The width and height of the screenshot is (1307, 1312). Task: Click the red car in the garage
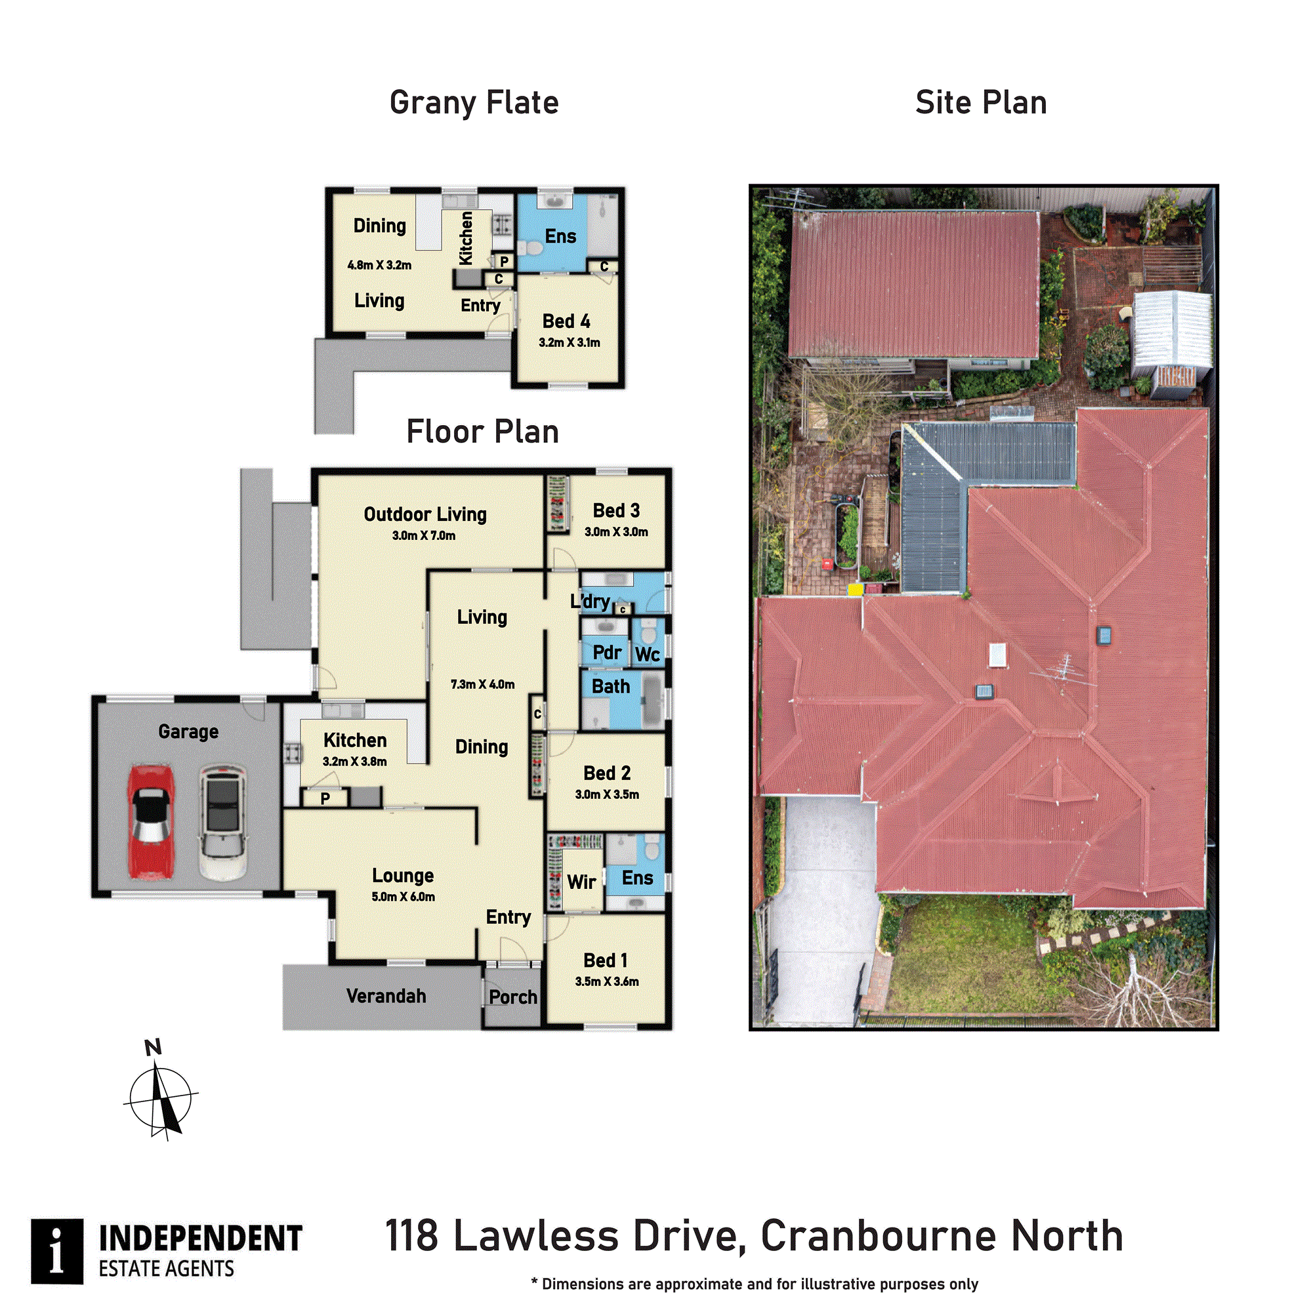[152, 823]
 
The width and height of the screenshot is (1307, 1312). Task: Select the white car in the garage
[222, 823]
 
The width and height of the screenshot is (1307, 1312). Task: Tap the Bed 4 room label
[566, 321]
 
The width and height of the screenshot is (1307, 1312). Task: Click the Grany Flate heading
[474, 103]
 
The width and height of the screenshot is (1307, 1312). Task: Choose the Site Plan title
[981, 102]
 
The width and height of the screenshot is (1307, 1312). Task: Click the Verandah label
[386, 996]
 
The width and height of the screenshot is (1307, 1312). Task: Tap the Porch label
[513, 997]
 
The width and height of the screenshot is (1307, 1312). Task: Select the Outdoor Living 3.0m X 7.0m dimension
[424, 536]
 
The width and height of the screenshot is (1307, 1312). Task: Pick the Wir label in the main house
[581, 882]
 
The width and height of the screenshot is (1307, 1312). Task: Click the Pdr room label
[607, 653]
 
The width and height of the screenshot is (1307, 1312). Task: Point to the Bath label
[611, 687]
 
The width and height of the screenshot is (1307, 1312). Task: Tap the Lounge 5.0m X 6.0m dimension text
[404, 897]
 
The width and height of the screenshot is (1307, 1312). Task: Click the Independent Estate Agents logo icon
[57, 1252]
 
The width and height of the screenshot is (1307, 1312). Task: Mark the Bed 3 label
[616, 510]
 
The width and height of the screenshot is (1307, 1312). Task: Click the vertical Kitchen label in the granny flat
[466, 238]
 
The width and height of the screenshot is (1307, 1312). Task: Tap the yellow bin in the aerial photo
[855, 589]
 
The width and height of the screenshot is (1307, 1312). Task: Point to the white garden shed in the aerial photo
[1172, 345]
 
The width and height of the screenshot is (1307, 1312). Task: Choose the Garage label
[189, 732]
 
